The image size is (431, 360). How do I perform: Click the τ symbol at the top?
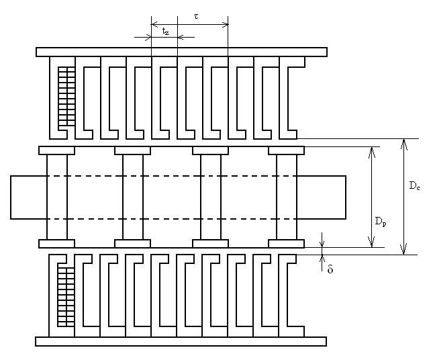[x=196, y=16]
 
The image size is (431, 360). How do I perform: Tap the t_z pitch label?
[x=165, y=32]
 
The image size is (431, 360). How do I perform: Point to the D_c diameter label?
[x=414, y=186]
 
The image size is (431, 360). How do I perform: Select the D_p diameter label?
[x=381, y=221]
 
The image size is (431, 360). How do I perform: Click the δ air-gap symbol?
[x=330, y=269]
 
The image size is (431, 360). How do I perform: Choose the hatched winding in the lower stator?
[x=66, y=297]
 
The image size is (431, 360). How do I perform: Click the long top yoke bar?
[x=181, y=52]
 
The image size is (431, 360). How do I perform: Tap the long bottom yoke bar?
[x=181, y=341]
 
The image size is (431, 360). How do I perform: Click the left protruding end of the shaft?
[x=29, y=197]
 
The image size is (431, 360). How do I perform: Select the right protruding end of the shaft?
[x=322, y=197]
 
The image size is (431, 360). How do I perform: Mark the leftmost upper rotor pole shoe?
[x=56, y=150]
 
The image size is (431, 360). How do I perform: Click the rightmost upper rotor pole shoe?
[x=287, y=150]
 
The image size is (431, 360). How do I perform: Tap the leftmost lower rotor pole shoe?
[x=56, y=244]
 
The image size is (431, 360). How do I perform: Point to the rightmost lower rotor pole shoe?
[x=287, y=244]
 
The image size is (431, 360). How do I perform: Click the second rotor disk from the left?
[x=133, y=197]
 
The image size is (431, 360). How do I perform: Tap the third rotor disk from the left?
[x=211, y=197]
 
